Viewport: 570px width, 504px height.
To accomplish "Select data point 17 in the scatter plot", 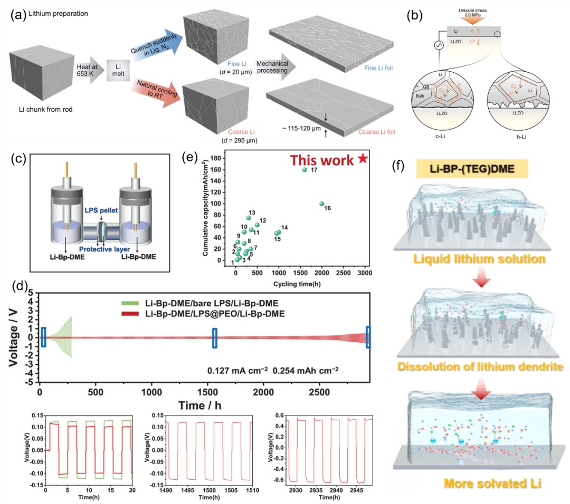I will tap(304, 170).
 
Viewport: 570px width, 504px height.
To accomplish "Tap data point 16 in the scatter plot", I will tap(321, 204).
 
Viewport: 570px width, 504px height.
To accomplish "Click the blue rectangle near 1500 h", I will tap(215, 338).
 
